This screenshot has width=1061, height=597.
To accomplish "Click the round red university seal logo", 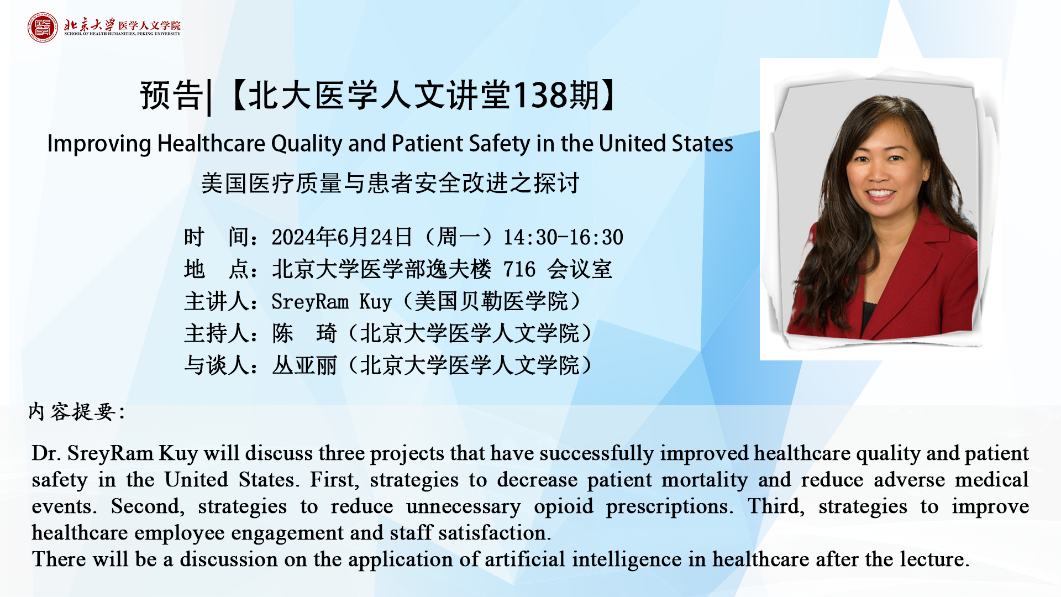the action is (x=43, y=27).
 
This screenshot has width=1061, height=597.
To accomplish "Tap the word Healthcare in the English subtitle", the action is (x=211, y=144).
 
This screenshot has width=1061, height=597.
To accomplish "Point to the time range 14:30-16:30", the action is (x=563, y=237).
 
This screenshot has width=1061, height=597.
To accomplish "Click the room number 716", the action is (x=519, y=269).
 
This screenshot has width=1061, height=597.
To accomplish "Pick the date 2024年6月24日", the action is (x=342, y=237).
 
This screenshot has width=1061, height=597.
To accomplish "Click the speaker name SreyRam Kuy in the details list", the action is (x=332, y=302).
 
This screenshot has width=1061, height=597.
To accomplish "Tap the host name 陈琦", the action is (x=304, y=333).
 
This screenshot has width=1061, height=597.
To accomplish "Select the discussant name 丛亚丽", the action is (x=304, y=365).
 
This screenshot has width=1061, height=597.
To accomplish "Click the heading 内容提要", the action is (x=72, y=412).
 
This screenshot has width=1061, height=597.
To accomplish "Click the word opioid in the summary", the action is (x=563, y=507).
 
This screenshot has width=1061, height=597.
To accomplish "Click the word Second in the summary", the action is (x=145, y=506).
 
